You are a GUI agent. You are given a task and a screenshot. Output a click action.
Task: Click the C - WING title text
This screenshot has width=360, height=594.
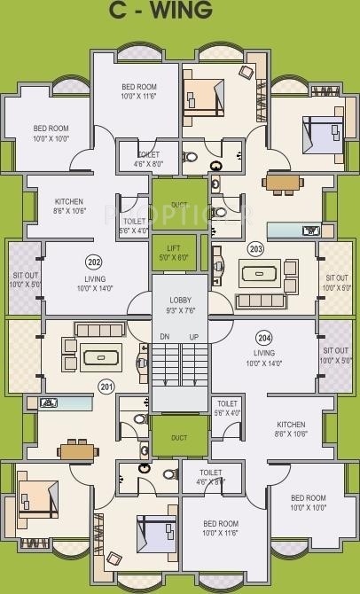173,11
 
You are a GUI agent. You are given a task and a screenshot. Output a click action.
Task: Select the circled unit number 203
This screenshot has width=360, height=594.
255,249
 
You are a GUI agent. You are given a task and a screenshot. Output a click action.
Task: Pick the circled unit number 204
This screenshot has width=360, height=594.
263,337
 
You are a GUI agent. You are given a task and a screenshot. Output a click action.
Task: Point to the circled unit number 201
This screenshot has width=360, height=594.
106,386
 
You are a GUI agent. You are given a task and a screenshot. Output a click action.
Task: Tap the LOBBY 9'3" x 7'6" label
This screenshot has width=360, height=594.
179,304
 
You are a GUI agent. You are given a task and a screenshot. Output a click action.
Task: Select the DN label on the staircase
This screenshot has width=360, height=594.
163,337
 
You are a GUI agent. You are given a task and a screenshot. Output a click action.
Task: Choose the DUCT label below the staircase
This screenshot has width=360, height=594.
179,437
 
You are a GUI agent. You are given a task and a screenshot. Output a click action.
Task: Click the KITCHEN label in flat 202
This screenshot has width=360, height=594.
68,206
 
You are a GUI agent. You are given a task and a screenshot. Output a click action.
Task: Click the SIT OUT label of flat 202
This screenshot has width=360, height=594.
24,280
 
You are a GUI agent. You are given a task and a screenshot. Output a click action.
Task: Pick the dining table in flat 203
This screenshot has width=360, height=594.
283,184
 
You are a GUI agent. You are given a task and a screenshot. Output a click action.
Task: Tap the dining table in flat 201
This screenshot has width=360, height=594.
77,449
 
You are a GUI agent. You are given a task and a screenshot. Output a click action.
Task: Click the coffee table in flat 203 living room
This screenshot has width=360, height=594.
268,271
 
